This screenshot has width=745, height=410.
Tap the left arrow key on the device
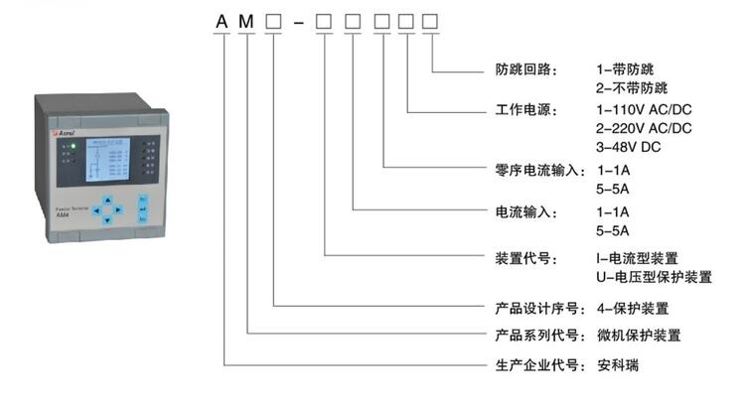tap(95, 209)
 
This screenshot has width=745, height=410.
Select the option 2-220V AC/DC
tap(644, 128)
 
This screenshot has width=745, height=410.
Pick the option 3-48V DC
tap(628, 147)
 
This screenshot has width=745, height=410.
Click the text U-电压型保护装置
tap(653, 277)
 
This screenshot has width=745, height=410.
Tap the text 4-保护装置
tap(632, 308)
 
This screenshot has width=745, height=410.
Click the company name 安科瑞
tap(618, 364)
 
